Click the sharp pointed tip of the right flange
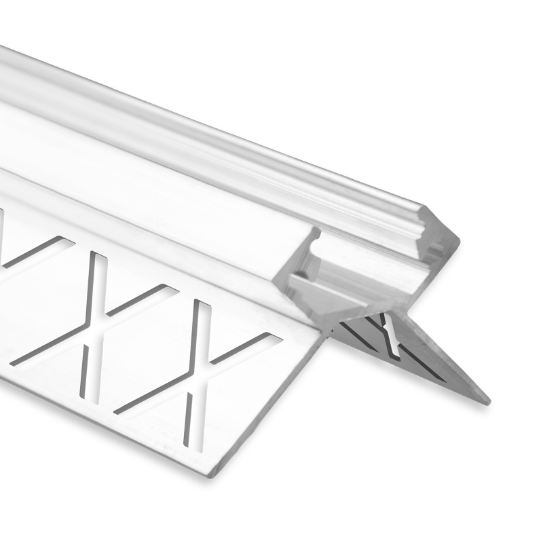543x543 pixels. (485, 400)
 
